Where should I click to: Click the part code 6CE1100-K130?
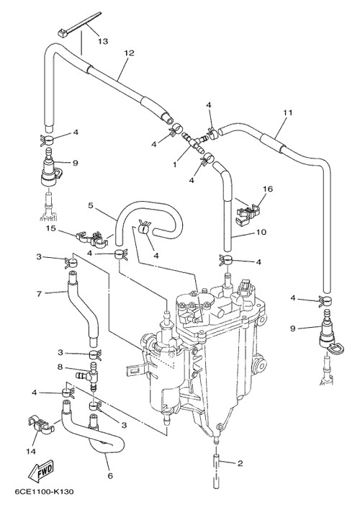click(44, 492)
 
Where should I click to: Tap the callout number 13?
click(103, 41)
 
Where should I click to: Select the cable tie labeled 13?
click(79, 23)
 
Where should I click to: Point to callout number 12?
click(129, 53)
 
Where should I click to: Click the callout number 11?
click(287, 112)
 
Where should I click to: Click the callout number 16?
click(269, 189)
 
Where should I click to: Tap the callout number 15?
click(50, 228)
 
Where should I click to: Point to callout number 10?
click(261, 232)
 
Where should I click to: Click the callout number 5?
click(91, 205)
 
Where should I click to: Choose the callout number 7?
click(39, 294)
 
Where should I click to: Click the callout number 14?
click(32, 452)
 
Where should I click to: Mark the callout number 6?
click(110, 476)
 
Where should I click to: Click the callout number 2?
click(240, 463)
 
